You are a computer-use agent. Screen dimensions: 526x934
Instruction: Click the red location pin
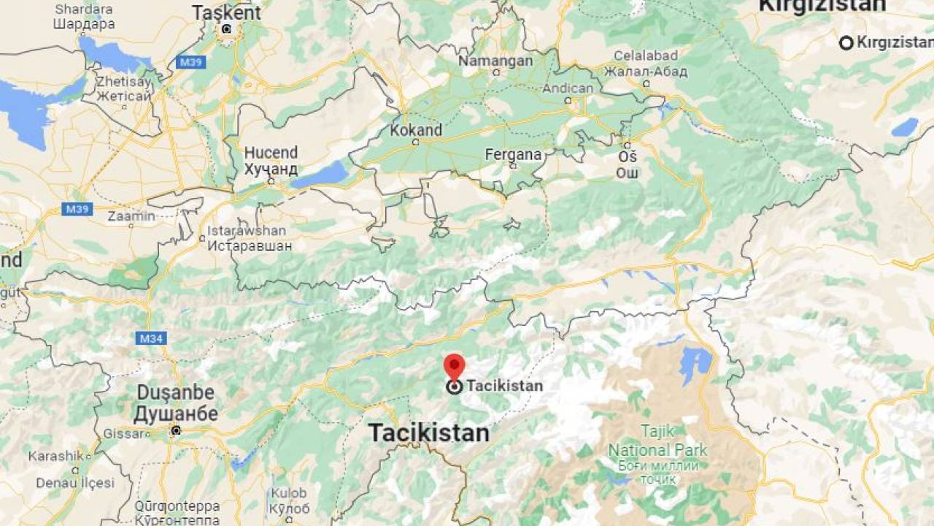[x=454, y=366]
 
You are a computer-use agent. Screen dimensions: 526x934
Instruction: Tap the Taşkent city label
[x=226, y=12]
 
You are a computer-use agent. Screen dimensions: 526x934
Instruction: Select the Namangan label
[x=495, y=61]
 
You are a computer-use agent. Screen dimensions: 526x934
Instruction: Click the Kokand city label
[x=416, y=130]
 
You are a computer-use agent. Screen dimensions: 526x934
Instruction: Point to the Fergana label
[x=514, y=155]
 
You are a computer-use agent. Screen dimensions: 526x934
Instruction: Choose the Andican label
[x=568, y=88]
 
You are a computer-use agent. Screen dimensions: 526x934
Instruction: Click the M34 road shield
[x=151, y=338]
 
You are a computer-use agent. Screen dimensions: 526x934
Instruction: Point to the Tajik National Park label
[x=658, y=450]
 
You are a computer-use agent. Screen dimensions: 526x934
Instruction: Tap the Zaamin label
[x=131, y=216]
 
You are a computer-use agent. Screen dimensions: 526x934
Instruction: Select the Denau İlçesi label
[x=76, y=483]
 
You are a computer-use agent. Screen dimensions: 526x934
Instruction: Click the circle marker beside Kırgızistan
[x=846, y=43]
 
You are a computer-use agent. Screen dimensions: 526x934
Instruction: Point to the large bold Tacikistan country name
[x=428, y=432]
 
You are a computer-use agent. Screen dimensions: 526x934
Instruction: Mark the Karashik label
[x=56, y=456]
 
